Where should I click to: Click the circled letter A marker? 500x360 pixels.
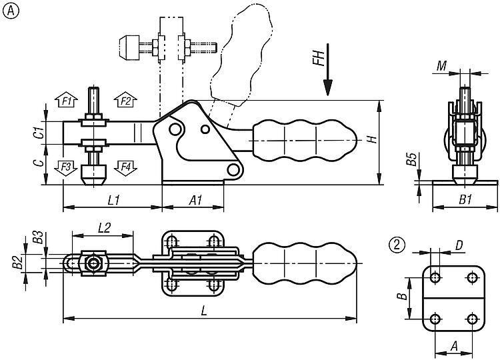11,11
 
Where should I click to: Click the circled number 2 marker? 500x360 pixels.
397,245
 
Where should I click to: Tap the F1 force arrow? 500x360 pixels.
66,100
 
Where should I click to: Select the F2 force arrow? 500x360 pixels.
125,100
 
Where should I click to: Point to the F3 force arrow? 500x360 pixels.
66,168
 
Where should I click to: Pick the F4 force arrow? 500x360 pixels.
125,168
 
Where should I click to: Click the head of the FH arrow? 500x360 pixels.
328,87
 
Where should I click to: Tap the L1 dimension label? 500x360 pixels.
113,200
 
